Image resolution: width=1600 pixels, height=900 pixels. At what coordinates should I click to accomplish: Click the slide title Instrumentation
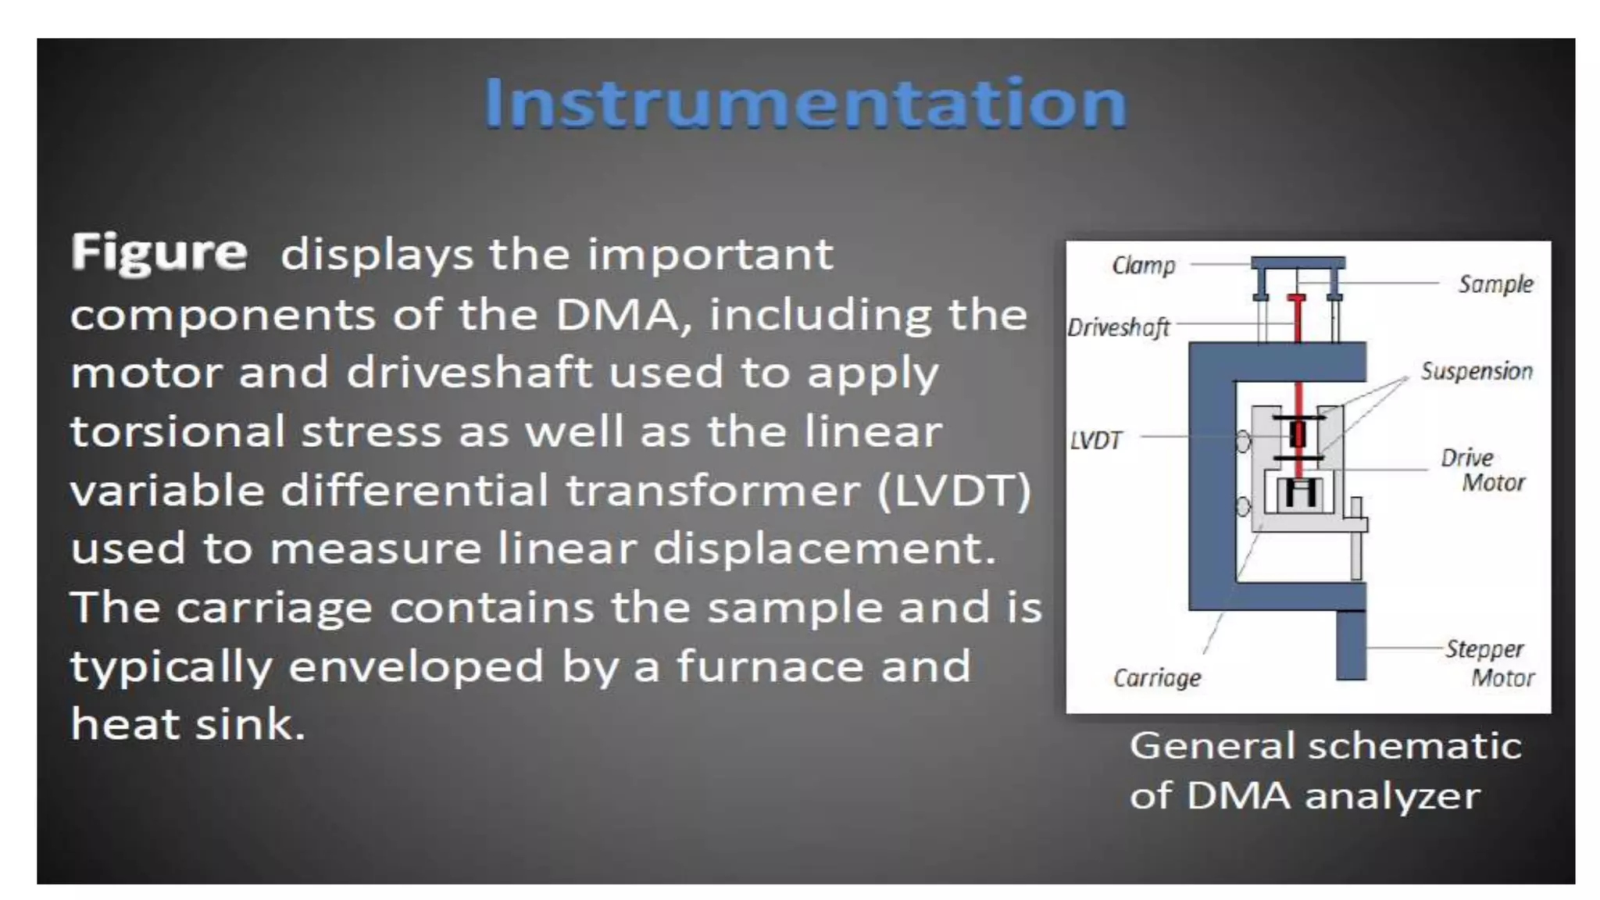pos(805,102)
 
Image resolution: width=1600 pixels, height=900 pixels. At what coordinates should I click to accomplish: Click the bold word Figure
pos(159,252)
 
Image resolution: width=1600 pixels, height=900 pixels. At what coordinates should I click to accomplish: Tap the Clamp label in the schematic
pos(1143,266)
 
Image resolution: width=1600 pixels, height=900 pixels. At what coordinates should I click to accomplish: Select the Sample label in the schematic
pos(1495,284)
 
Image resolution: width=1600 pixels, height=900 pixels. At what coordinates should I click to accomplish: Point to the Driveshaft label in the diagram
pos(1118,327)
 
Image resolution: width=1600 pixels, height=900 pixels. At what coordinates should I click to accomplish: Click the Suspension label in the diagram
pos(1476,371)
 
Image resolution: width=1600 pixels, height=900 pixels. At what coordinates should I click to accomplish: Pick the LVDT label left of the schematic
pos(1095,441)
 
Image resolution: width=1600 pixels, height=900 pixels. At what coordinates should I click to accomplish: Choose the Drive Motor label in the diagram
pos(1481,470)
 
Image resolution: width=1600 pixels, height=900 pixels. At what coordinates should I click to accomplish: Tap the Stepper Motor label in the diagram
pos(1488,662)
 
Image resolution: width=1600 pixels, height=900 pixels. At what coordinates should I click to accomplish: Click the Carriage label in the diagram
pos(1156,677)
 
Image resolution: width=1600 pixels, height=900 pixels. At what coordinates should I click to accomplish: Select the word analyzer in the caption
pos(1392,796)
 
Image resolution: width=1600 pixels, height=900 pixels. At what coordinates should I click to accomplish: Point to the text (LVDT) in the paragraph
pos(954,491)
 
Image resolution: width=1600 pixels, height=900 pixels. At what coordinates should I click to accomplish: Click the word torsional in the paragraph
pos(177,431)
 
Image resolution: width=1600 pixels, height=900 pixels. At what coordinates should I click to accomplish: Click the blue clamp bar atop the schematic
pos(1298,262)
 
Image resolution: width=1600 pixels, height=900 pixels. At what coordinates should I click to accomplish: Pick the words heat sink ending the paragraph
pos(187,723)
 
